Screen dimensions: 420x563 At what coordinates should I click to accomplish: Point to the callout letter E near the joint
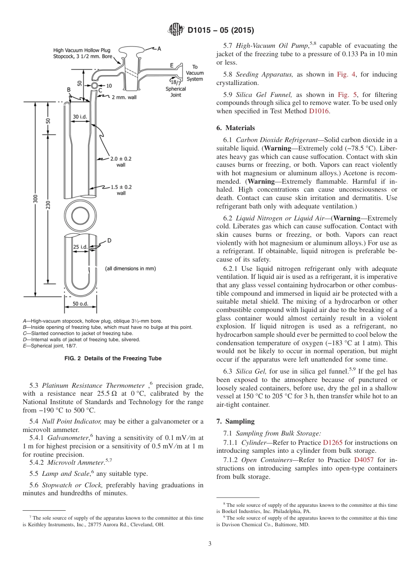[x=172, y=65]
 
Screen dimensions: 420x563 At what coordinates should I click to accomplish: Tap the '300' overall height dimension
[x=35, y=199]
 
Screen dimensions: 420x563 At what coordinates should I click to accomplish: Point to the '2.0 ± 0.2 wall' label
[x=121, y=161]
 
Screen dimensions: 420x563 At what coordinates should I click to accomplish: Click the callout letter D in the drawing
[x=109, y=240]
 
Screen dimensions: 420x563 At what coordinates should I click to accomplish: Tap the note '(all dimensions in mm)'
[x=130, y=268]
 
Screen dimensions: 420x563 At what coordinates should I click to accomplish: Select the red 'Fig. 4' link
[x=344, y=74]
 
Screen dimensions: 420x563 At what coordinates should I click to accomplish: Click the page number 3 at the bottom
[x=210, y=544]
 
